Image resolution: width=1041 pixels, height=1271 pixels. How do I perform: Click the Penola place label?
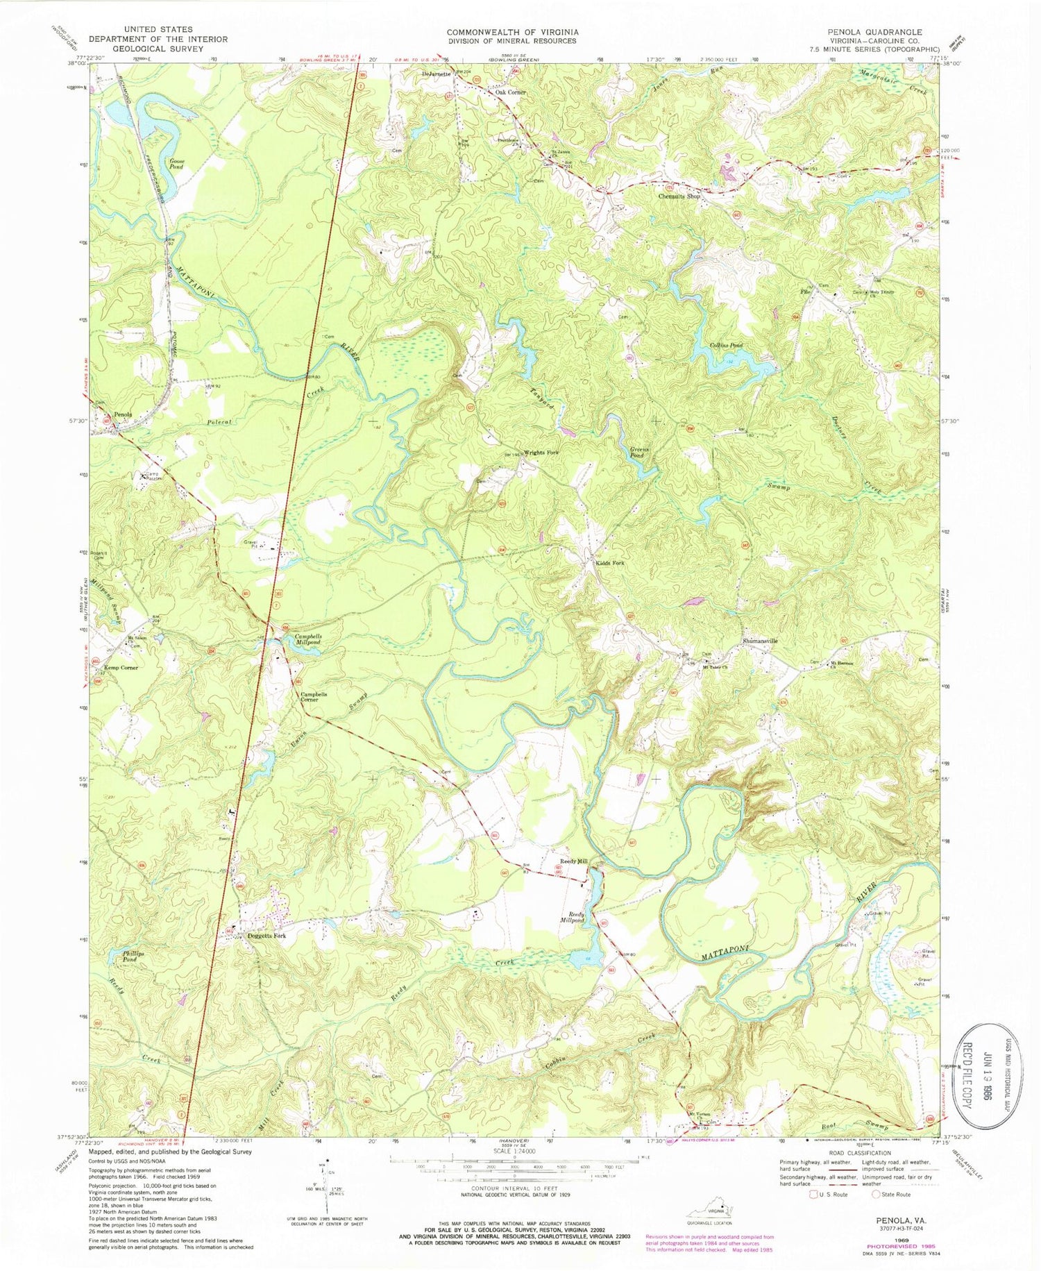pos(123,414)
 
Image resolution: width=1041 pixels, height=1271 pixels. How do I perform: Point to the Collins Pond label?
pos(726,345)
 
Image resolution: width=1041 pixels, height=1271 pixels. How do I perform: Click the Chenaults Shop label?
pos(679,196)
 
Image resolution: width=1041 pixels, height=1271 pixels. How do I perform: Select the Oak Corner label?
pos(510,92)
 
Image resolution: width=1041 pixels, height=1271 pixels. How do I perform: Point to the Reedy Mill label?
pos(574,861)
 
